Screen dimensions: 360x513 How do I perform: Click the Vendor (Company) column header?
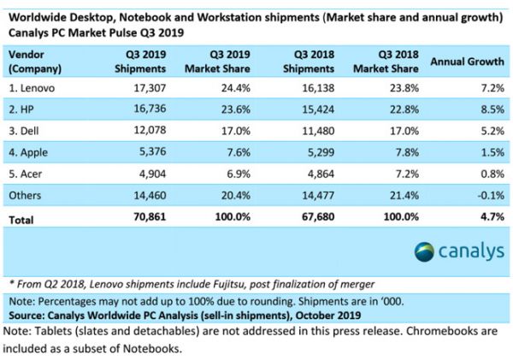click(x=32, y=61)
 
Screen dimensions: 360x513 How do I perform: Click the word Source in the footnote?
click(x=26, y=315)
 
